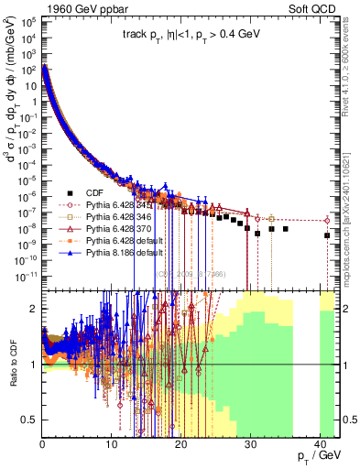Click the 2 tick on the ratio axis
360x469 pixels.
[34, 309]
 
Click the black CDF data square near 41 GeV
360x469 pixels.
[328, 235]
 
